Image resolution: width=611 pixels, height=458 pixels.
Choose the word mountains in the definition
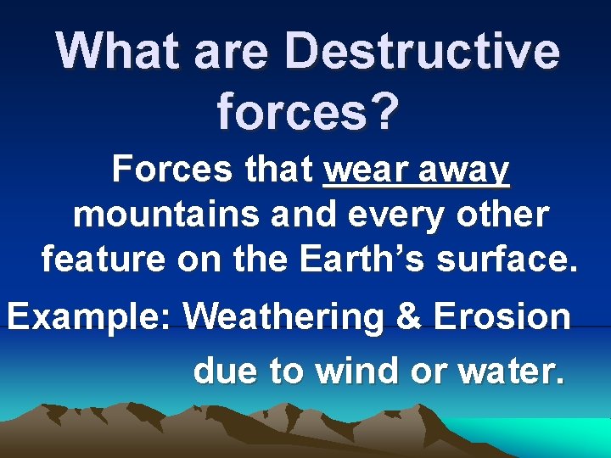pyautogui.click(x=167, y=215)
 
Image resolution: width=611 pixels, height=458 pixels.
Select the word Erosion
pyautogui.click(x=502, y=317)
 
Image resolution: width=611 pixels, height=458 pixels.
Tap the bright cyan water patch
pyautogui.click(x=560, y=436)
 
